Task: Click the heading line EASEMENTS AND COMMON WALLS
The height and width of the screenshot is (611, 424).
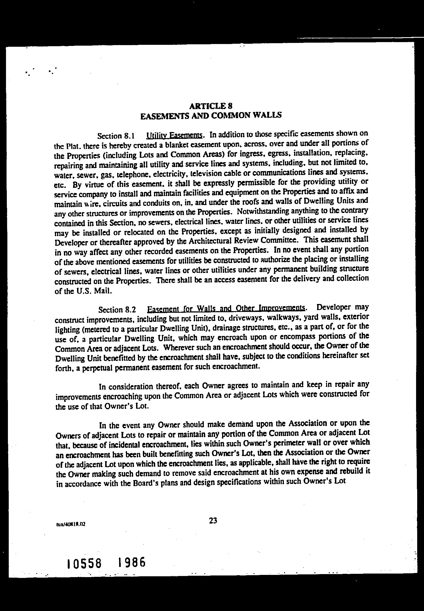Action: tap(211, 116)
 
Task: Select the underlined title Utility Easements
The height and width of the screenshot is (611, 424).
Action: tap(175, 135)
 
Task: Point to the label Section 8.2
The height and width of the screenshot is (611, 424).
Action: tap(117, 310)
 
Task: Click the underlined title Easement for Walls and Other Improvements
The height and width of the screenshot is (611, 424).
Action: tap(226, 308)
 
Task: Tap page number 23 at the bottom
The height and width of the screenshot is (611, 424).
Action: tap(213, 521)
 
